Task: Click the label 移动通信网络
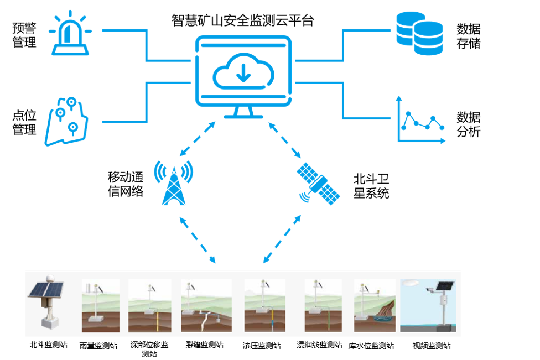pos(125,184)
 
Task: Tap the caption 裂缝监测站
pos(205,345)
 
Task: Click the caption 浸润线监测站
pos(319,345)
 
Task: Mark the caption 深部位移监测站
pos(149,349)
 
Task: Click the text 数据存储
pos(468,36)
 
